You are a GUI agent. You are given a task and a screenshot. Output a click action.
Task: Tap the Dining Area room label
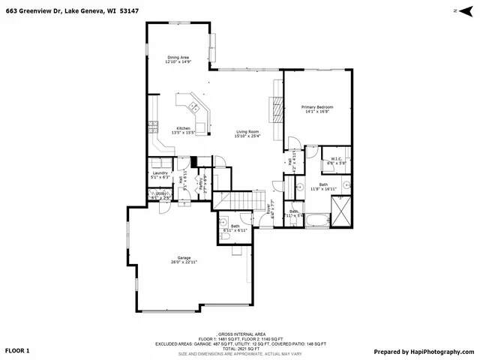point(178,60)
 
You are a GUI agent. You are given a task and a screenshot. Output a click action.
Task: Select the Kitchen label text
point(183,130)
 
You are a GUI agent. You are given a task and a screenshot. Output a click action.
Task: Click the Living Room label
point(247,133)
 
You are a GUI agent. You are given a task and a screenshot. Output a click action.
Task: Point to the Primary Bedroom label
point(317,109)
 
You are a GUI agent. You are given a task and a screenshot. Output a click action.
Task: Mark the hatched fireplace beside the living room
point(277,110)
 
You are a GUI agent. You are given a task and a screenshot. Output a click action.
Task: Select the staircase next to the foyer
point(239,200)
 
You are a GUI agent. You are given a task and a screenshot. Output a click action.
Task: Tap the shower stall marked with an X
point(341,211)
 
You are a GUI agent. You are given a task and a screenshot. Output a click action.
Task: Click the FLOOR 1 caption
point(17,351)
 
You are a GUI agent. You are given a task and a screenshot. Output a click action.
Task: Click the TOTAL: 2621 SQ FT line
point(239,348)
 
